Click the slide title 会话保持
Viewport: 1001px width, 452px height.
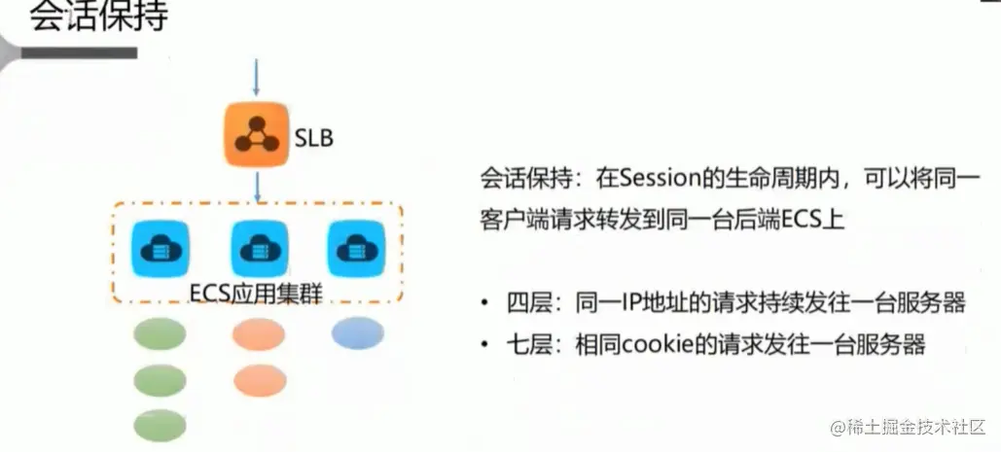(97, 18)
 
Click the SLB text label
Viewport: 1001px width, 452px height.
(312, 138)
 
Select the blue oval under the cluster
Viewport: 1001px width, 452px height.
(357, 333)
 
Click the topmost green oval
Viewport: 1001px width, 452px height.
(159, 334)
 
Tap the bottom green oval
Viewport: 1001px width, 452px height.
(159, 426)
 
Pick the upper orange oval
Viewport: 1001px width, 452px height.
(259, 334)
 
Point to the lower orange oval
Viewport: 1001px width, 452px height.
(259, 379)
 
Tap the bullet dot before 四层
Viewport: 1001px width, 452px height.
(484, 303)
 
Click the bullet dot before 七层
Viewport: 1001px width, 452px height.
(484, 345)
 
